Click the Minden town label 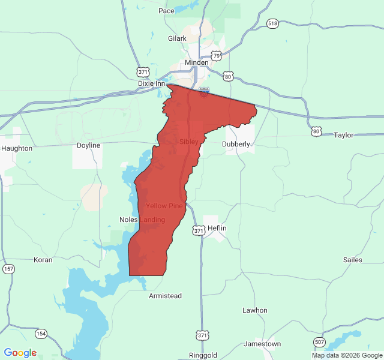tap(196, 62)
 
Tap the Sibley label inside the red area tap(188, 142)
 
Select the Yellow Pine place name tap(164, 206)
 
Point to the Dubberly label tap(236, 144)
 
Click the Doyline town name tap(88, 145)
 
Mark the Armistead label tap(165, 296)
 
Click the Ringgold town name tap(203, 355)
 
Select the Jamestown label tap(262, 344)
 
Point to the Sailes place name tap(352, 260)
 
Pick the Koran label tap(43, 260)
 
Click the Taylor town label tap(344, 135)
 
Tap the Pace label tap(166, 11)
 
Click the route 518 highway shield tap(273, 23)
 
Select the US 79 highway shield tap(216, 55)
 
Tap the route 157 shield tap(9, 268)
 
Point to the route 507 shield tap(319, 342)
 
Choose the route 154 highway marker tap(41, 333)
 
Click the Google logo tap(20, 353)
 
